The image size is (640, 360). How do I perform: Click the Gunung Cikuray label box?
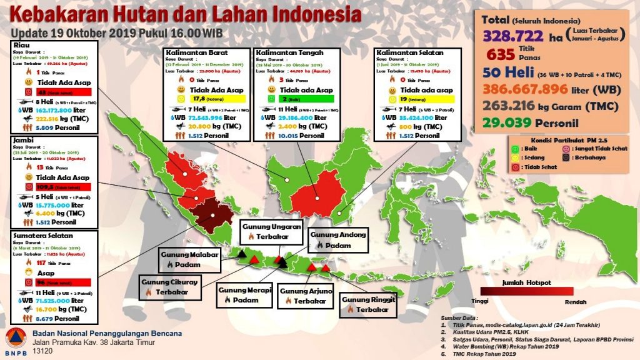tap(166, 286)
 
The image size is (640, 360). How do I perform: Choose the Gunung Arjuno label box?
tap(306, 296)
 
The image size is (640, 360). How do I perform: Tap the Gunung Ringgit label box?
tap(369, 304)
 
